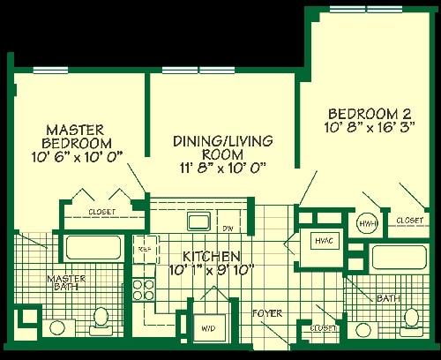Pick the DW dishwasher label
(227, 229)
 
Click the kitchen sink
(197, 221)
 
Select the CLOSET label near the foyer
(324, 328)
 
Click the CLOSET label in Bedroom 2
(408, 220)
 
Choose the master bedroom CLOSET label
(103, 212)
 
